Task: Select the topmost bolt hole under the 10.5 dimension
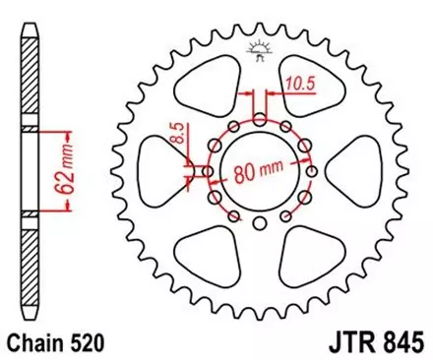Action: tap(259, 119)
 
